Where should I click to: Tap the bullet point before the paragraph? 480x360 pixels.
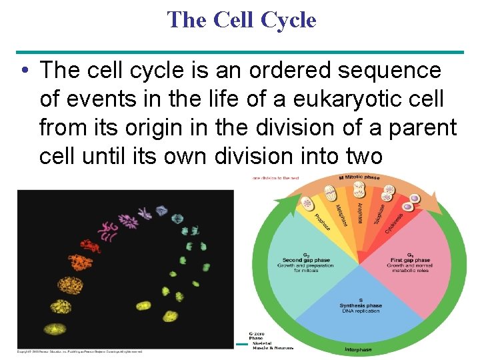[24, 70]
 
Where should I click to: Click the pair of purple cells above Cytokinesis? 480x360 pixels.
[414, 199]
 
